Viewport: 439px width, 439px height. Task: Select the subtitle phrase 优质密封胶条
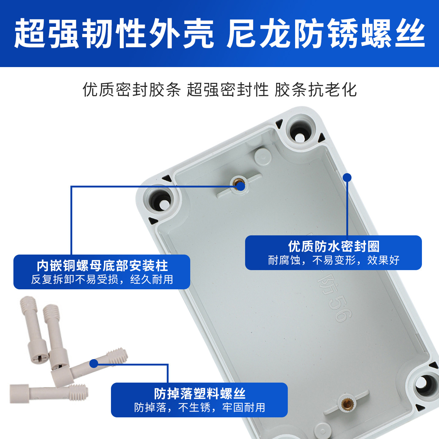[132, 90]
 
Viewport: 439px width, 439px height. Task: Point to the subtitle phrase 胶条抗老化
[316, 90]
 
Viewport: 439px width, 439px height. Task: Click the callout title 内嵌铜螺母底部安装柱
[102, 266]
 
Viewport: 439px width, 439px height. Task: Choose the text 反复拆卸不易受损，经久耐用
[102, 279]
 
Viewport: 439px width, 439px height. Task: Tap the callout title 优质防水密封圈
[334, 246]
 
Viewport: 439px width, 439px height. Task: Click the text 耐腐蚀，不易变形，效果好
[334, 260]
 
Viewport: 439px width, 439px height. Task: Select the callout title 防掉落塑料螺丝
[199, 394]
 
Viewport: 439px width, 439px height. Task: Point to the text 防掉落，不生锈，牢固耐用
[199, 407]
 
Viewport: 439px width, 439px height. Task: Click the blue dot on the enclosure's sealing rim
[347, 177]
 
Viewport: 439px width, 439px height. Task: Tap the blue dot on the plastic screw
[94, 363]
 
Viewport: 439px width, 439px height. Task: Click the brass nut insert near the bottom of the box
[346, 404]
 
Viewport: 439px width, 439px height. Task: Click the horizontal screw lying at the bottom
[49, 393]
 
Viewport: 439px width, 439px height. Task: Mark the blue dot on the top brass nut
[240, 186]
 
